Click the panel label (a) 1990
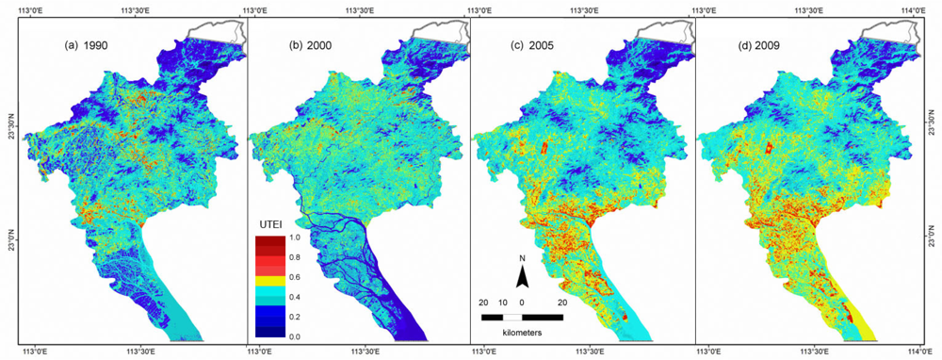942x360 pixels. coord(91,44)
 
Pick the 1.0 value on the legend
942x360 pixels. coord(295,237)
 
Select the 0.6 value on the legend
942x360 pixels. coord(295,277)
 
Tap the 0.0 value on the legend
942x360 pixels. coord(295,336)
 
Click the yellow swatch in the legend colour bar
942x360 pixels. coord(270,278)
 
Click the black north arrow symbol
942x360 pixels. coord(522,276)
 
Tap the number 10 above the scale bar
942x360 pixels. coord(503,302)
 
